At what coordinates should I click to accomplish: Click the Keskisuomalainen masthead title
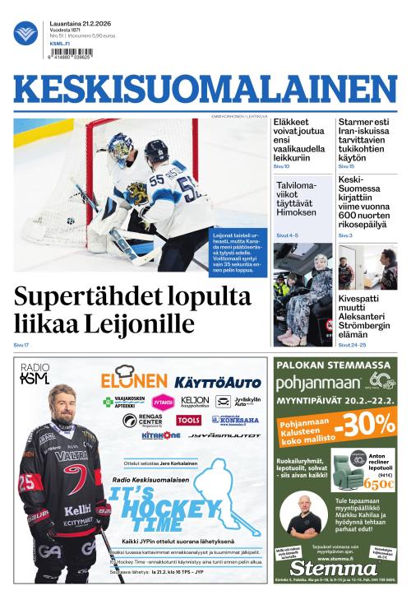tap(205, 90)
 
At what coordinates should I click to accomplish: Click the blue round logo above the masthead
tap(25, 33)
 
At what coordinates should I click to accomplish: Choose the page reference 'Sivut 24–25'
tap(350, 345)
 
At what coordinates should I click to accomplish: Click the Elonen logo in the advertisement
tap(134, 380)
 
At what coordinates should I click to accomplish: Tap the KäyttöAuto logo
tap(217, 382)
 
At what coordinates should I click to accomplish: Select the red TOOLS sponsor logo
tap(188, 420)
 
